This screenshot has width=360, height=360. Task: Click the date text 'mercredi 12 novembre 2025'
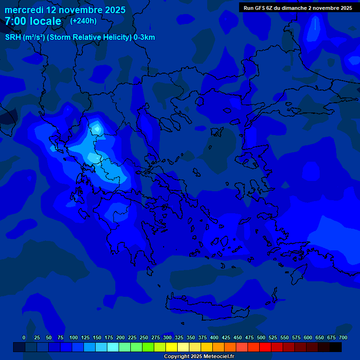tap(65, 10)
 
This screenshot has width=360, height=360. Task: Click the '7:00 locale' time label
tap(33, 21)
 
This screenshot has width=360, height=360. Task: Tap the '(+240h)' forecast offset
tap(83, 21)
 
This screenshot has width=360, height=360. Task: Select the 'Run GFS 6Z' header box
tap(298, 7)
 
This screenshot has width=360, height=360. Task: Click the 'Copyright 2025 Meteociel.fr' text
tap(199, 356)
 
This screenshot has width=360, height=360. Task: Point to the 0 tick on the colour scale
tap(24, 337)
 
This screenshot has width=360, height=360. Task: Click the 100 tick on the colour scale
tap(74, 337)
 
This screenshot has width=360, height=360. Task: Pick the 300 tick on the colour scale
tap(167, 337)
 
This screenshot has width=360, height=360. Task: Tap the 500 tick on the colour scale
tap(261, 337)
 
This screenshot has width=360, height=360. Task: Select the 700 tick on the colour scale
tap(343, 337)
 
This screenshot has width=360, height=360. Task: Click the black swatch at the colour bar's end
tap(336, 347)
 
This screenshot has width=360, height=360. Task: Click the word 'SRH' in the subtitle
tap(13, 37)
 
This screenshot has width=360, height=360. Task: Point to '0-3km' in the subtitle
tap(144, 37)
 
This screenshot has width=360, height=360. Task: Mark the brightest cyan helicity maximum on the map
tap(97, 127)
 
